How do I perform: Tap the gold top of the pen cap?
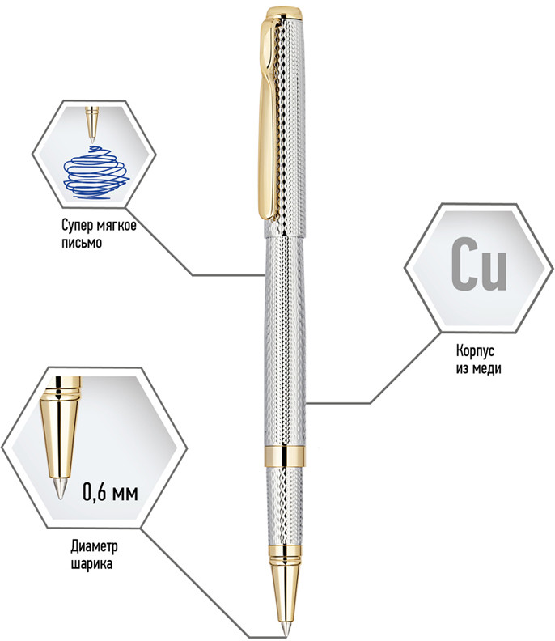click(x=285, y=13)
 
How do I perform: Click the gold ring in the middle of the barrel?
click(x=285, y=456)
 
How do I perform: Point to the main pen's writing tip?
click(x=285, y=630)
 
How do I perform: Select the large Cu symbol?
click(x=479, y=264)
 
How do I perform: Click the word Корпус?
click(x=475, y=350)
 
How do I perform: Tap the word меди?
click(x=487, y=369)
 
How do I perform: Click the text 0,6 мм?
click(x=110, y=491)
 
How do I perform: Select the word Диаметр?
click(x=94, y=546)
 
